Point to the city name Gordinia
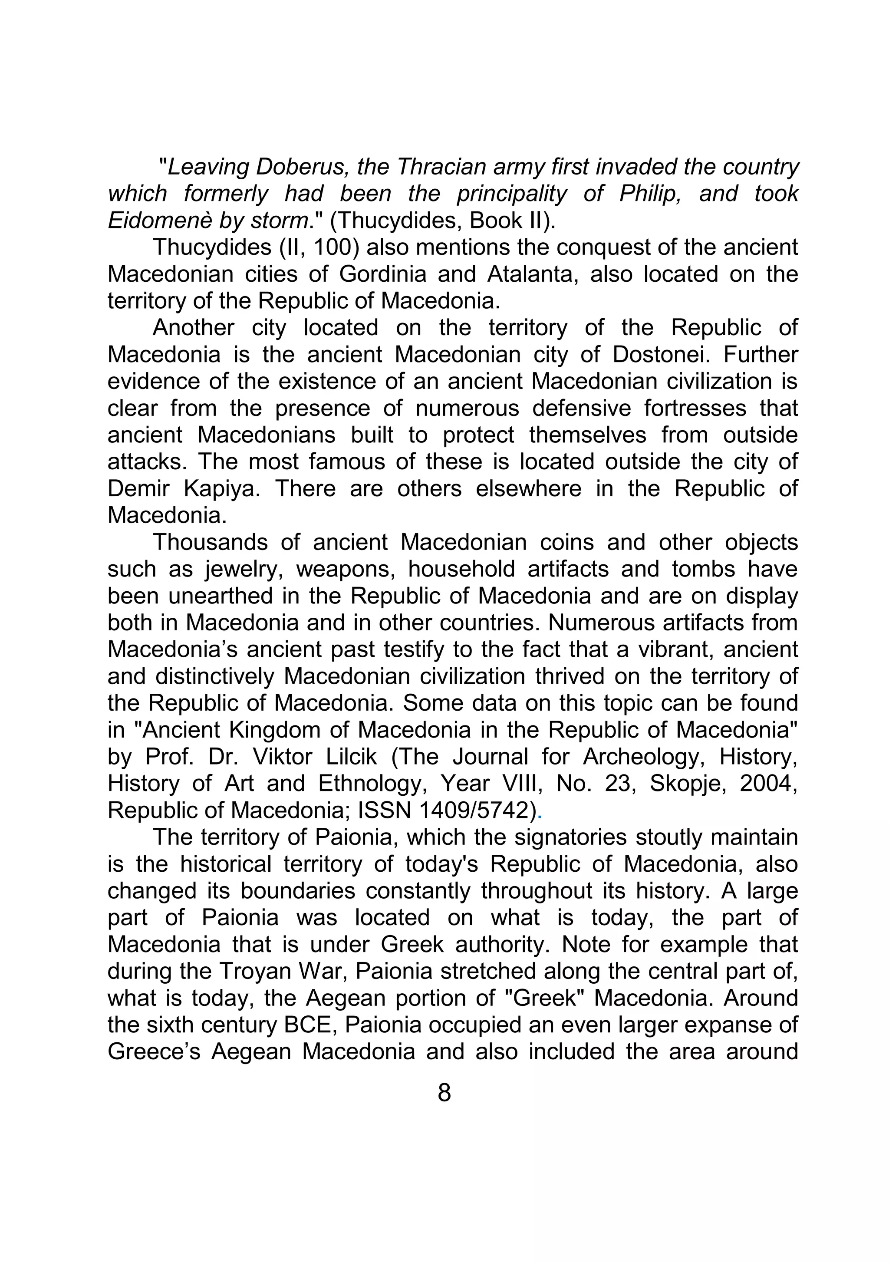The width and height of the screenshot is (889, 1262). pyautogui.click(x=382, y=274)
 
